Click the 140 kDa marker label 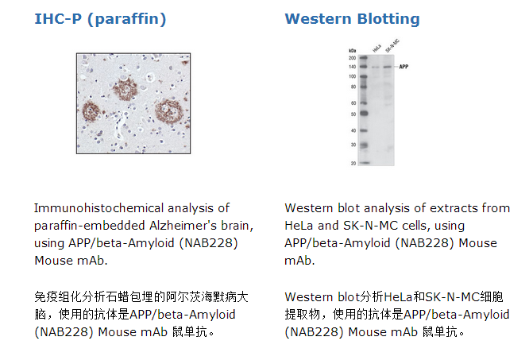[352, 67]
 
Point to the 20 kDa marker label [353, 163]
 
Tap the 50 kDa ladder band [363, 114]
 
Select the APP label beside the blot [404, 67]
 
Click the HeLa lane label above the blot [376, 48]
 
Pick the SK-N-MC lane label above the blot [392, 46]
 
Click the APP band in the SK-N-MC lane [388, 67]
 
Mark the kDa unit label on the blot [353, 51]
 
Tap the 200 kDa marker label [352, 58]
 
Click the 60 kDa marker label [353, 103]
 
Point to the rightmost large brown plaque [168, 110]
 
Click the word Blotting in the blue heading [388, 19]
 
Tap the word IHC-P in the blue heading [58, 19]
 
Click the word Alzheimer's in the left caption [183, 226]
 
